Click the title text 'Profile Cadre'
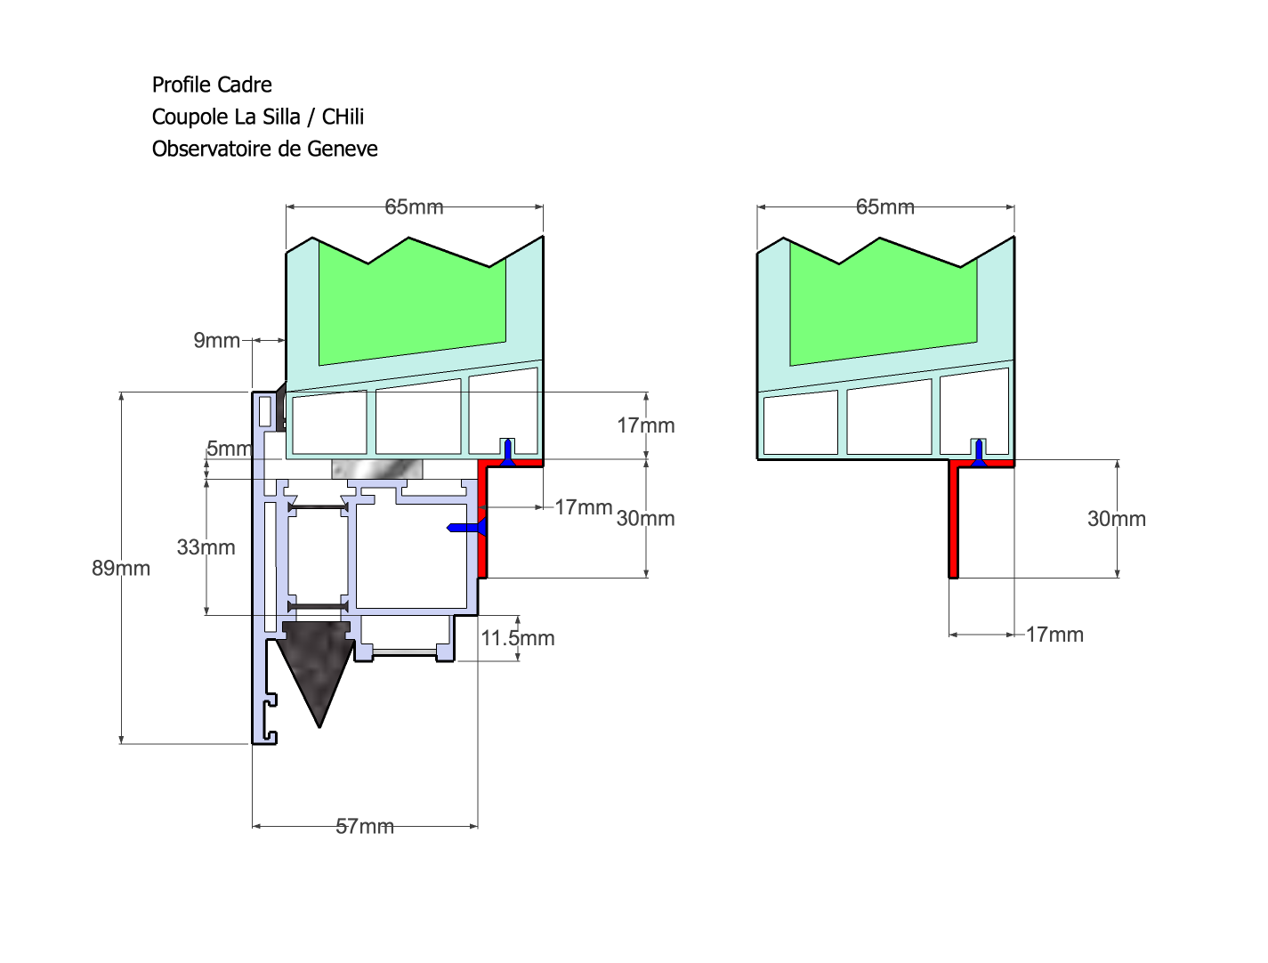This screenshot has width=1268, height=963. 212,85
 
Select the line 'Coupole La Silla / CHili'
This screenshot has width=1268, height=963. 258,117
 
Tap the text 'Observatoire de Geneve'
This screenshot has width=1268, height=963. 264,149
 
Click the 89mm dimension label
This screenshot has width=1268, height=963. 121,568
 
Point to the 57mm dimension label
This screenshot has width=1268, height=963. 365,826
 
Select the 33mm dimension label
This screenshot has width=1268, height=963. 206,547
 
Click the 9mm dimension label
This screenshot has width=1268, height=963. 217,340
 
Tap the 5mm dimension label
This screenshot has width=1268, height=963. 230,449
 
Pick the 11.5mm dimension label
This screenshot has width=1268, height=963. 518,638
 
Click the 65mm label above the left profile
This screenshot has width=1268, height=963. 414,206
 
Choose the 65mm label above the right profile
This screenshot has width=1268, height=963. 884,206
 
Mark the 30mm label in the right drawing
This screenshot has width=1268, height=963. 1116,519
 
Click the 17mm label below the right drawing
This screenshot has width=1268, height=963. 1054,635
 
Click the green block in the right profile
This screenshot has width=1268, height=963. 881,303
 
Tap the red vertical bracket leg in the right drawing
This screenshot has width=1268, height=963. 954,525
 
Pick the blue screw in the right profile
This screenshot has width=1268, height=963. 979,451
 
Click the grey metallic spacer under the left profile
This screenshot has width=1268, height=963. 376,469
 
